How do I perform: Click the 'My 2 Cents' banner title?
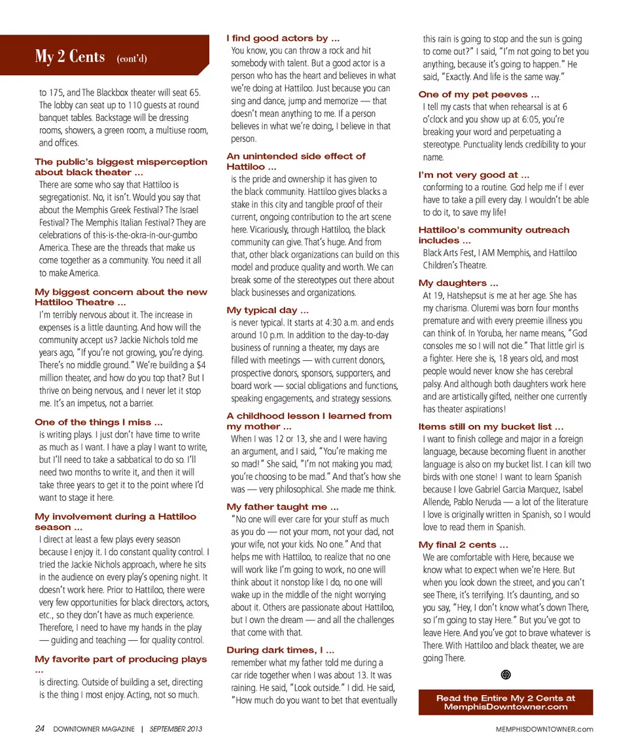coord(70,57)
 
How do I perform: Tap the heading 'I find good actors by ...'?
coord(283,39)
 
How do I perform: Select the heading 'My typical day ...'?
coord(268,311)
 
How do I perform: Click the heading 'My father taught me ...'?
coord(283,507)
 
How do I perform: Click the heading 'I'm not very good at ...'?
coord(474,175)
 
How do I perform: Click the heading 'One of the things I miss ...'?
coord(99,422)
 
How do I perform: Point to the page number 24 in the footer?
coord(40,728)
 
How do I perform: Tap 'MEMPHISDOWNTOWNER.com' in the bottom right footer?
coord(544,729)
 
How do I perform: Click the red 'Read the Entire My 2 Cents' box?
coord(506,702)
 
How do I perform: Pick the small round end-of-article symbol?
coord(506,675)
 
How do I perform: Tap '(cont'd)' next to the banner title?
coord(131,59)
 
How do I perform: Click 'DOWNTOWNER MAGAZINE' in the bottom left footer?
coord(94,729)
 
